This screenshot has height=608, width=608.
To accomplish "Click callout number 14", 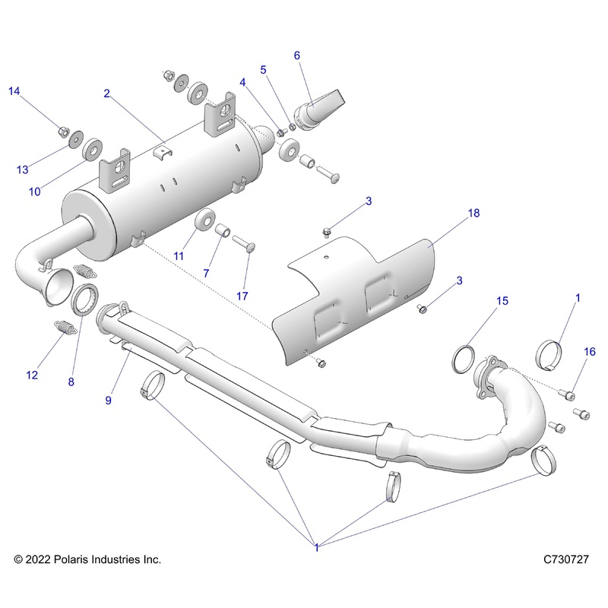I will click(14, 91).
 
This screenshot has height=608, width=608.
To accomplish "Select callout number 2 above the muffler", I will click(107, 93).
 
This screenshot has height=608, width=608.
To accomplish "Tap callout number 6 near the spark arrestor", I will click(297, 55).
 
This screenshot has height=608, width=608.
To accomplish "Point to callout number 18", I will click(473, 214).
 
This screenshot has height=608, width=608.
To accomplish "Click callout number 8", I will click(71, 382).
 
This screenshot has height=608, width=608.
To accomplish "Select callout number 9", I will click(109, 400).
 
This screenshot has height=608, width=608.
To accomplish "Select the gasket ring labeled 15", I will click(465, 357).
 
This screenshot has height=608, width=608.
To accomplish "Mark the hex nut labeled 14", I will click(62, 132).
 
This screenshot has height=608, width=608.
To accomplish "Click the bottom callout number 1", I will click(315, 545).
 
